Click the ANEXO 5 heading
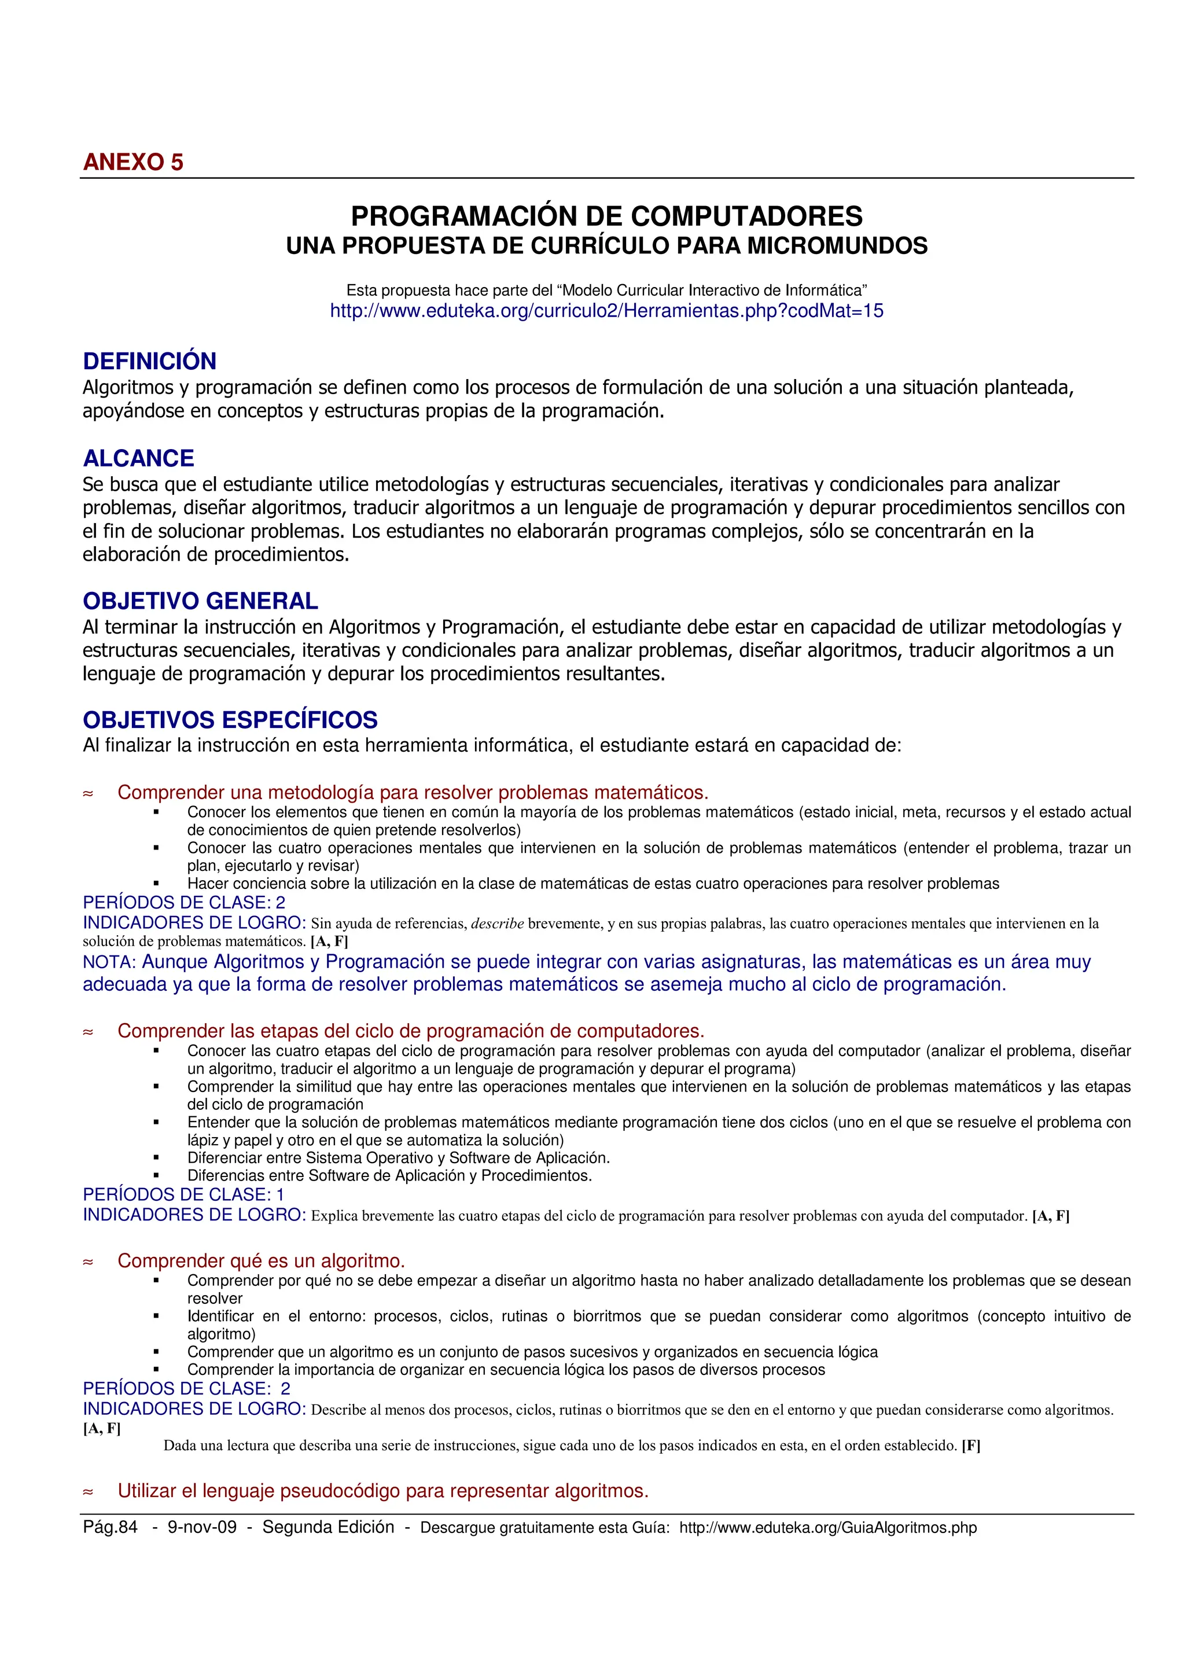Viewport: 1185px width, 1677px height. point(133,162)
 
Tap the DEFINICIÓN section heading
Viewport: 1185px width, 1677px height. point(150,362)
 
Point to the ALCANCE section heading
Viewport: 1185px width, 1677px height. point(139,458)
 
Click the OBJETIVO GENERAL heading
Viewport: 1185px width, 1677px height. point(200,601)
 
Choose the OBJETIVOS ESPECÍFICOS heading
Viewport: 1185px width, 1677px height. point(230,720)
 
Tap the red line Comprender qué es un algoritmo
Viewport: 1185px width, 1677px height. point(260,1261)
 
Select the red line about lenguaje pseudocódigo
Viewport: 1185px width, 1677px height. point(382,1491)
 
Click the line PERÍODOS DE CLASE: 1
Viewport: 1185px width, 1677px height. point(183,1195)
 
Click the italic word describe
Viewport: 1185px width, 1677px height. point(497,924)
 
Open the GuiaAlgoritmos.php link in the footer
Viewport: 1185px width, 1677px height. point(827,1528)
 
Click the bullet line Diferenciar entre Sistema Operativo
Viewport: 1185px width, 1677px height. point(398,1159)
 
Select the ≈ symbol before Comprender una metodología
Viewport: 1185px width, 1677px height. point(89,794)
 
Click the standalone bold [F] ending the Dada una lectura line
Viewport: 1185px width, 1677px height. point(970,1446)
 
